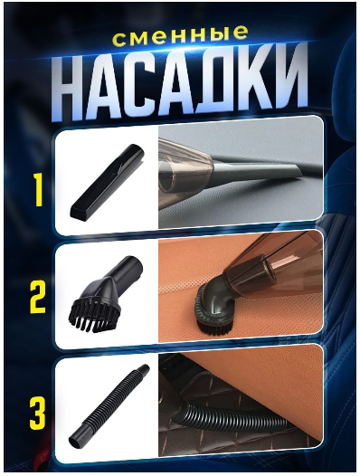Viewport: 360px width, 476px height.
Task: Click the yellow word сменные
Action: tap(180, 36)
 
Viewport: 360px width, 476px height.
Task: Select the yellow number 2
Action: tap(37, 297)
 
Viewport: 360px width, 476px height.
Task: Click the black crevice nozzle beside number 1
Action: tap(107, 182)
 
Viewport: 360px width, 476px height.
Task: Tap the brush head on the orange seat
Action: tap(213, 309)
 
